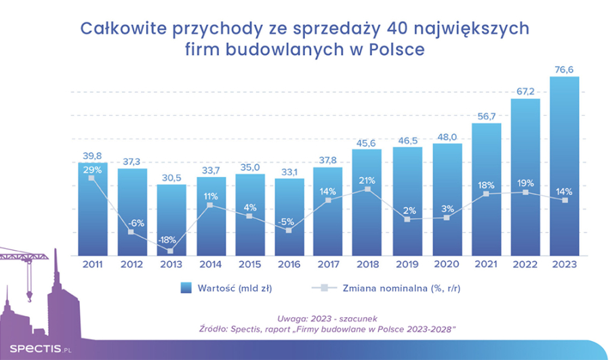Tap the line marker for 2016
(x=289, y=231)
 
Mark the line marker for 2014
(x=211, y=205)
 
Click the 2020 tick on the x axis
(x=447, y=264)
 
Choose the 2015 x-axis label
(x=250, y=264)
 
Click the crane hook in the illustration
(x=29, y=296)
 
